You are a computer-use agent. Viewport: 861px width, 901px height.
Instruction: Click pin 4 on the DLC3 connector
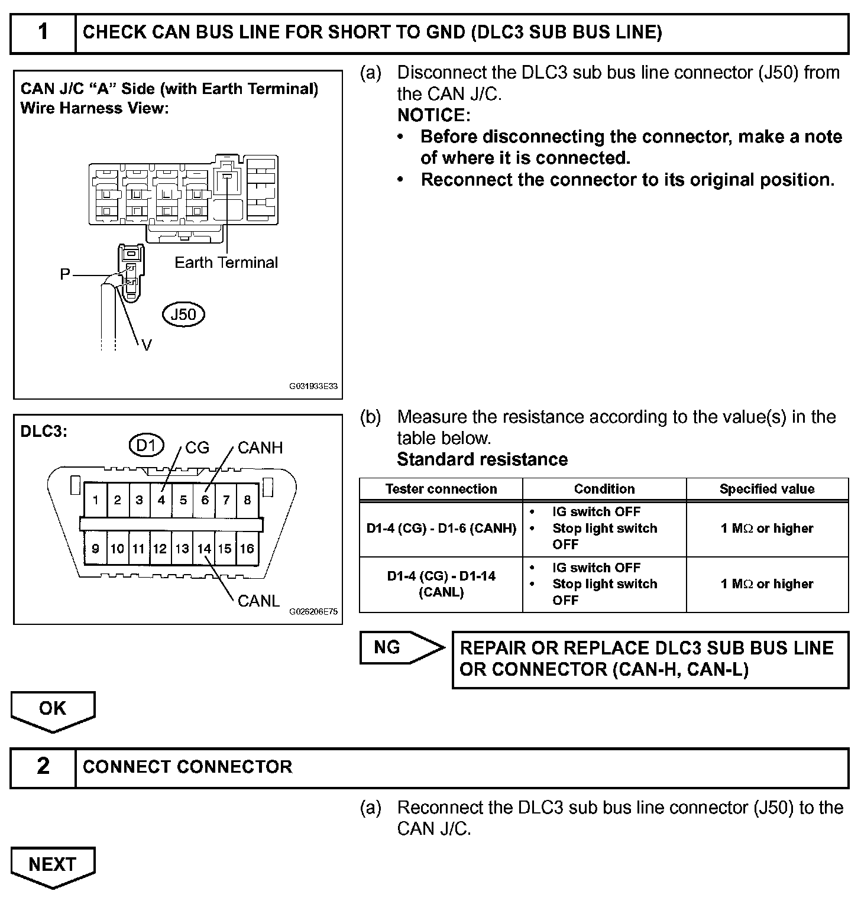click(x=161, y=500)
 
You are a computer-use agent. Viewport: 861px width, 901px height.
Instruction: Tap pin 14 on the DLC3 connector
click(x=204, y=549)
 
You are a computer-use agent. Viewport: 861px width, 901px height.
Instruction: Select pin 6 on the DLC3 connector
click(x=205, y=500)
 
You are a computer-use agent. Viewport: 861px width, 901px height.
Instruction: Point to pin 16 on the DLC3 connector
click(x=247, y=549)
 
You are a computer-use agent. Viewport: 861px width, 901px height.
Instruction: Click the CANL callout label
click(x=258, y=601)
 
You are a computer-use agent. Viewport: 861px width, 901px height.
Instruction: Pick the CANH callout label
click(x=260, y=448)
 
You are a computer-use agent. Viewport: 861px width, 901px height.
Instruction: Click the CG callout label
click(x=197, y=448)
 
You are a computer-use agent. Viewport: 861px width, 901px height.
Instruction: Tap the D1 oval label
click(x=146, y=445)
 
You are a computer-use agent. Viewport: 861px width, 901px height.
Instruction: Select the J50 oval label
click(x=183, y=315)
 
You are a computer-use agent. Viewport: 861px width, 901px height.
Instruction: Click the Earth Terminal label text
click(x=226, y=262)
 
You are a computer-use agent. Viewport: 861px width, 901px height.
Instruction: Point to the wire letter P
click(x=65, y=274)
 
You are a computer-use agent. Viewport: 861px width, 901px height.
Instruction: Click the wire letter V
click(x=147, y=345)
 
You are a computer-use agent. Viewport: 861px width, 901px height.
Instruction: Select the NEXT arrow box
click(x=53, y=864)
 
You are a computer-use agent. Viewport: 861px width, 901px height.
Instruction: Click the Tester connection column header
click(x=441, y=489)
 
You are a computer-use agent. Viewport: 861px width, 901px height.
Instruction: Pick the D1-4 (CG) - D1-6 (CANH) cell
click(x=441, y=529)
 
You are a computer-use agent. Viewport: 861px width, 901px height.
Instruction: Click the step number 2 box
click(x=43, y=767)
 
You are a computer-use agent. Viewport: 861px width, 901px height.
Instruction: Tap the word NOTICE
click(x=433, y=115)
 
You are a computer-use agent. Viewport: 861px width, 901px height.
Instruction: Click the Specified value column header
click(x=767, y=489)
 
